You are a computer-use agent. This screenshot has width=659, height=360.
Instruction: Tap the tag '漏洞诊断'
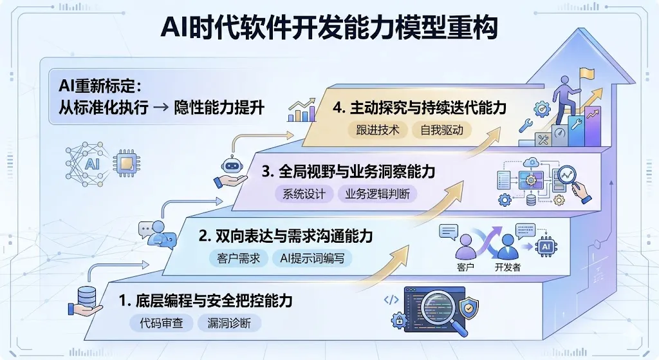click(x=228, y=323)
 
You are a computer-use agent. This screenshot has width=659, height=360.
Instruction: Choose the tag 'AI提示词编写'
click(x=310, y=258)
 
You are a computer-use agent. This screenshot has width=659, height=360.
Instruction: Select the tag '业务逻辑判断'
click(x=377, y=194)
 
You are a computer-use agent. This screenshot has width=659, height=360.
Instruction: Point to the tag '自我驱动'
click(x=441, y=129)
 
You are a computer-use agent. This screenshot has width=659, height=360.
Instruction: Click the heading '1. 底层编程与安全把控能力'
click(x=206, y=300)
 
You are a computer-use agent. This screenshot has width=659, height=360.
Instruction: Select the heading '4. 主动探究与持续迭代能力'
click(x=420, y=107)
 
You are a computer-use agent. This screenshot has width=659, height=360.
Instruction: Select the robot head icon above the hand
click(x=230, y=164)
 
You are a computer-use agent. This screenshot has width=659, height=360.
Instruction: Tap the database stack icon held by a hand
click(x=86, y=297)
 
